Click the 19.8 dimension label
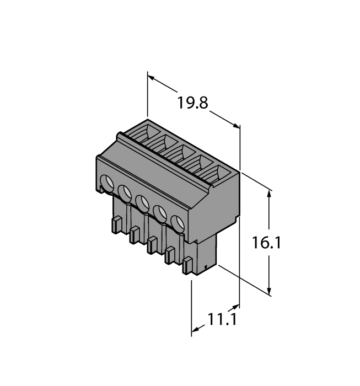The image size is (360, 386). [192, 103]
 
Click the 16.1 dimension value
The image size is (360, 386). [267, 243]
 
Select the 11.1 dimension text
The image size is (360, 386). [218, 319]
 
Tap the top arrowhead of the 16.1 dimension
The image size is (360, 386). [270, 194]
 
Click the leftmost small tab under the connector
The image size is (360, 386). [117, 225]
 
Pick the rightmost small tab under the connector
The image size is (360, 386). [188, 265]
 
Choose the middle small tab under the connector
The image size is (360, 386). [153, 245]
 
